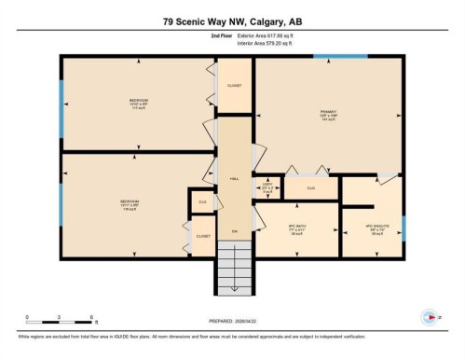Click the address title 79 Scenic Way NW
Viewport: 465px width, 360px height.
click(x=232, y=20)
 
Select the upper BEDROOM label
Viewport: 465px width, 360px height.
click(x=139, y=103)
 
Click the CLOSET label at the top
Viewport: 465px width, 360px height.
click(x=235, y=85)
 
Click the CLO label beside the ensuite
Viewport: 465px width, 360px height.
click(x=311, y=188)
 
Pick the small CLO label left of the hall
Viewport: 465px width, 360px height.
click(x=201, y=201)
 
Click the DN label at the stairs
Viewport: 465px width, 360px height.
click(x=235, y=230)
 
